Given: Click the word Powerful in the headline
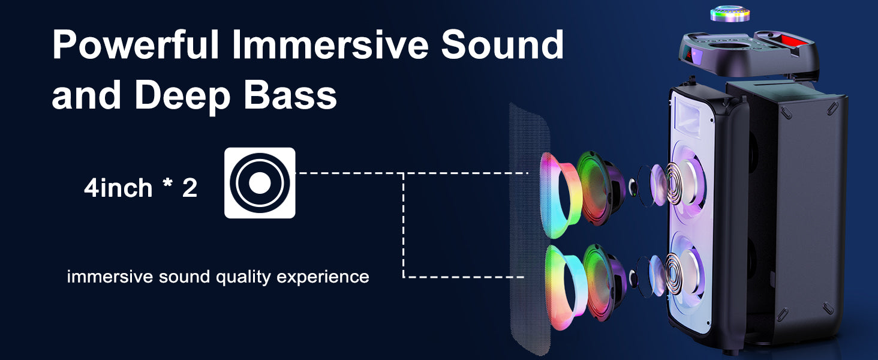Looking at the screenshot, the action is (136, 45).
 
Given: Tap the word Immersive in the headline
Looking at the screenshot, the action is (330, 45).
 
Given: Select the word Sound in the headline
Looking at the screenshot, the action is (503, 45).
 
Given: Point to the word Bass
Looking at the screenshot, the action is (290, 95).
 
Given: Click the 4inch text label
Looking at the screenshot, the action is (118, 188).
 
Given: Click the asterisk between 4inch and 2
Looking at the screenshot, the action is (167, 183).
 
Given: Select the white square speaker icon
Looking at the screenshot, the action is (260, 183).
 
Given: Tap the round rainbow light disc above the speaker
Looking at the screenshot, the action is (730, 14).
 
